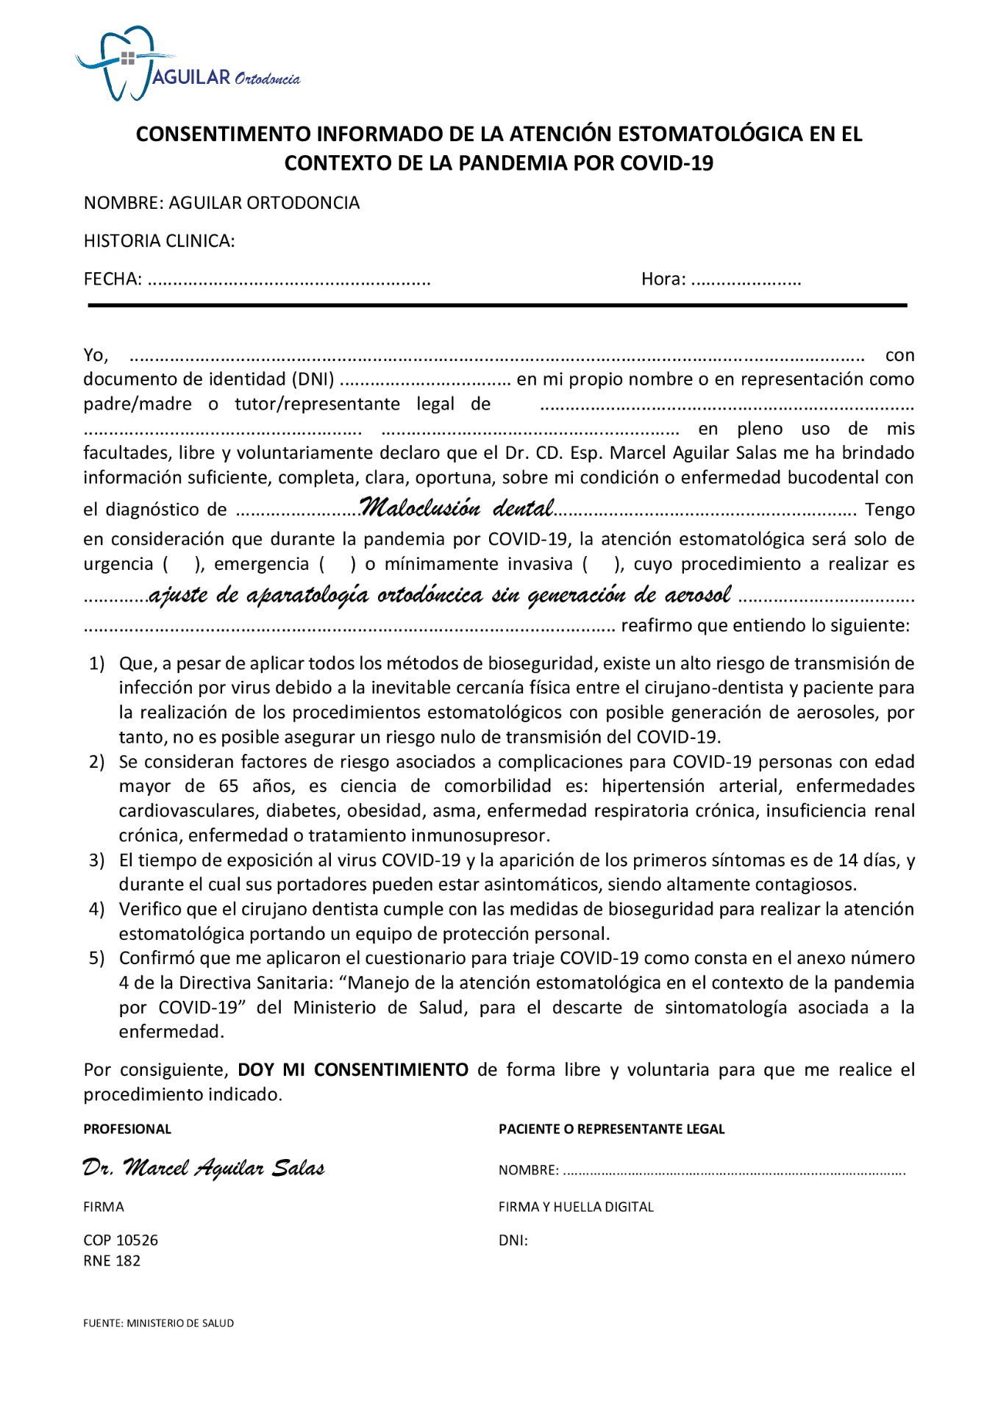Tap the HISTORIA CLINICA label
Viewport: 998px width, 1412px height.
(159, 241)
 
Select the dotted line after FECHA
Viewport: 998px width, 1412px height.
(289, 280)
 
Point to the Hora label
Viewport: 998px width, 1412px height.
(663, 279)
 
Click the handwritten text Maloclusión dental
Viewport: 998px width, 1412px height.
(457, 508)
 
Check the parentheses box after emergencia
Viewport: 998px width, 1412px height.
(338, 565)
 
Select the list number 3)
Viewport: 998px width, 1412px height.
(97, 860)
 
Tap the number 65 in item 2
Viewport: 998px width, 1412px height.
(229, 786)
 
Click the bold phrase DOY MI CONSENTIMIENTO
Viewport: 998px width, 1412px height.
(353, 1070)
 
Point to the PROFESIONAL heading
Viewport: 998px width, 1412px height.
(127, 1130)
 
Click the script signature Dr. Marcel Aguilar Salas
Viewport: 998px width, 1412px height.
(204, 1168)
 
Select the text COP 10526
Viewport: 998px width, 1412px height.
(121, 1241)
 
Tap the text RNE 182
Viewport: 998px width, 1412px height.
(112, 1261)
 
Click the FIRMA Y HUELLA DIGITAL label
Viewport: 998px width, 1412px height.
(576, 1208)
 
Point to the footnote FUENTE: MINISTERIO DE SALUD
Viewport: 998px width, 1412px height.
(158, 1324)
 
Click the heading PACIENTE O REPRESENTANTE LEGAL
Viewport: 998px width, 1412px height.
(611, 1130)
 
